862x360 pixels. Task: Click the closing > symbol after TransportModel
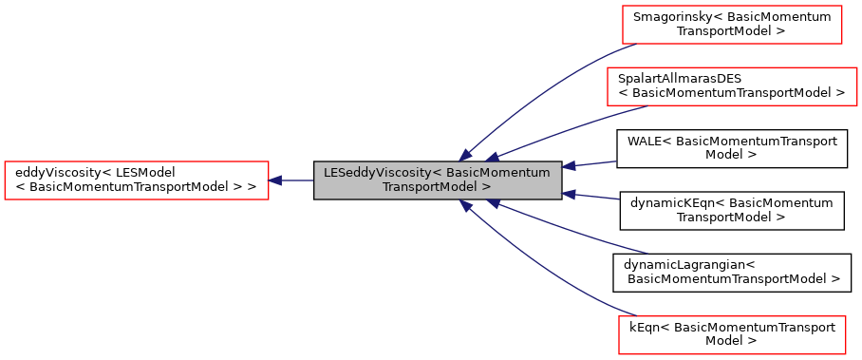pyautogui.click(x=486, y=188)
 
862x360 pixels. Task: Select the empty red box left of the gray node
pyautogui.click(x=137, y=180)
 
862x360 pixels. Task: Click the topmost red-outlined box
pyautogui.click(x=732, y=25)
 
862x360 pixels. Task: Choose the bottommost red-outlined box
pyautogui.click(x=732, y=335)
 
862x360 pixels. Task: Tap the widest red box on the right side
pyautogui.click(x=732, y=86)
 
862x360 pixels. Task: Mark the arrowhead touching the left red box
pyautogui.click(x=276, y=180)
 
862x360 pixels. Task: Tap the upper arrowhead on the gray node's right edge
pyautogui.click(x=569, y=166)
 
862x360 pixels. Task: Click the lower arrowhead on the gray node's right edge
pyautogui.click(x=569, y=194)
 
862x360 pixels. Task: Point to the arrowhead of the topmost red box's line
pyautogui.click(x=466, y=155)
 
